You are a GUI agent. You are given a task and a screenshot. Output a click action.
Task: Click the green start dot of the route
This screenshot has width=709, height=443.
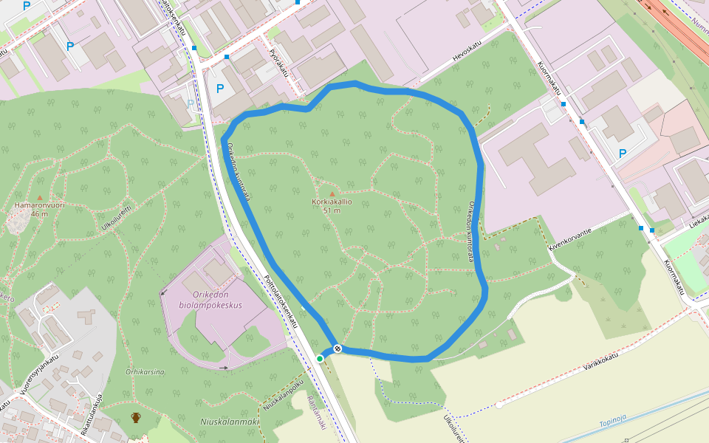[320, 359]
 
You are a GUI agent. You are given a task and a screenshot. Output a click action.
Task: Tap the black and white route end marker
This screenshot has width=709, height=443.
[338, 348]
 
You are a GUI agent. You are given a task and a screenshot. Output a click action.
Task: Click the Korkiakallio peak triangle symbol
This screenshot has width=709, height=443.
[332, 194]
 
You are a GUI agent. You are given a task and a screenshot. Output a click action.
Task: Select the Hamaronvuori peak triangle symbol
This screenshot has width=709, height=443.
[39, 198]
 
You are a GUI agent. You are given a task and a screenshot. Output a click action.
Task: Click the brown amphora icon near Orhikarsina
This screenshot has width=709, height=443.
[136, 418]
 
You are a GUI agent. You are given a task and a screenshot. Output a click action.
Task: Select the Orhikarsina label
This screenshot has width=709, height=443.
[145, 372]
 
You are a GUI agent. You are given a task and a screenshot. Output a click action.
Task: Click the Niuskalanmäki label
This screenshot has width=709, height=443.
[229, 422]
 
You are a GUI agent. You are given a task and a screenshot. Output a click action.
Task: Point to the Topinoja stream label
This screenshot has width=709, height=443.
[613, 422]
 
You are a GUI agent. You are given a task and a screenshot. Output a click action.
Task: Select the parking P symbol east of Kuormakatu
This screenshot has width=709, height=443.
[623, 154]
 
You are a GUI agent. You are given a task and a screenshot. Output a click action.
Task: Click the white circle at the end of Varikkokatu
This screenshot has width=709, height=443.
[499, 405]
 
